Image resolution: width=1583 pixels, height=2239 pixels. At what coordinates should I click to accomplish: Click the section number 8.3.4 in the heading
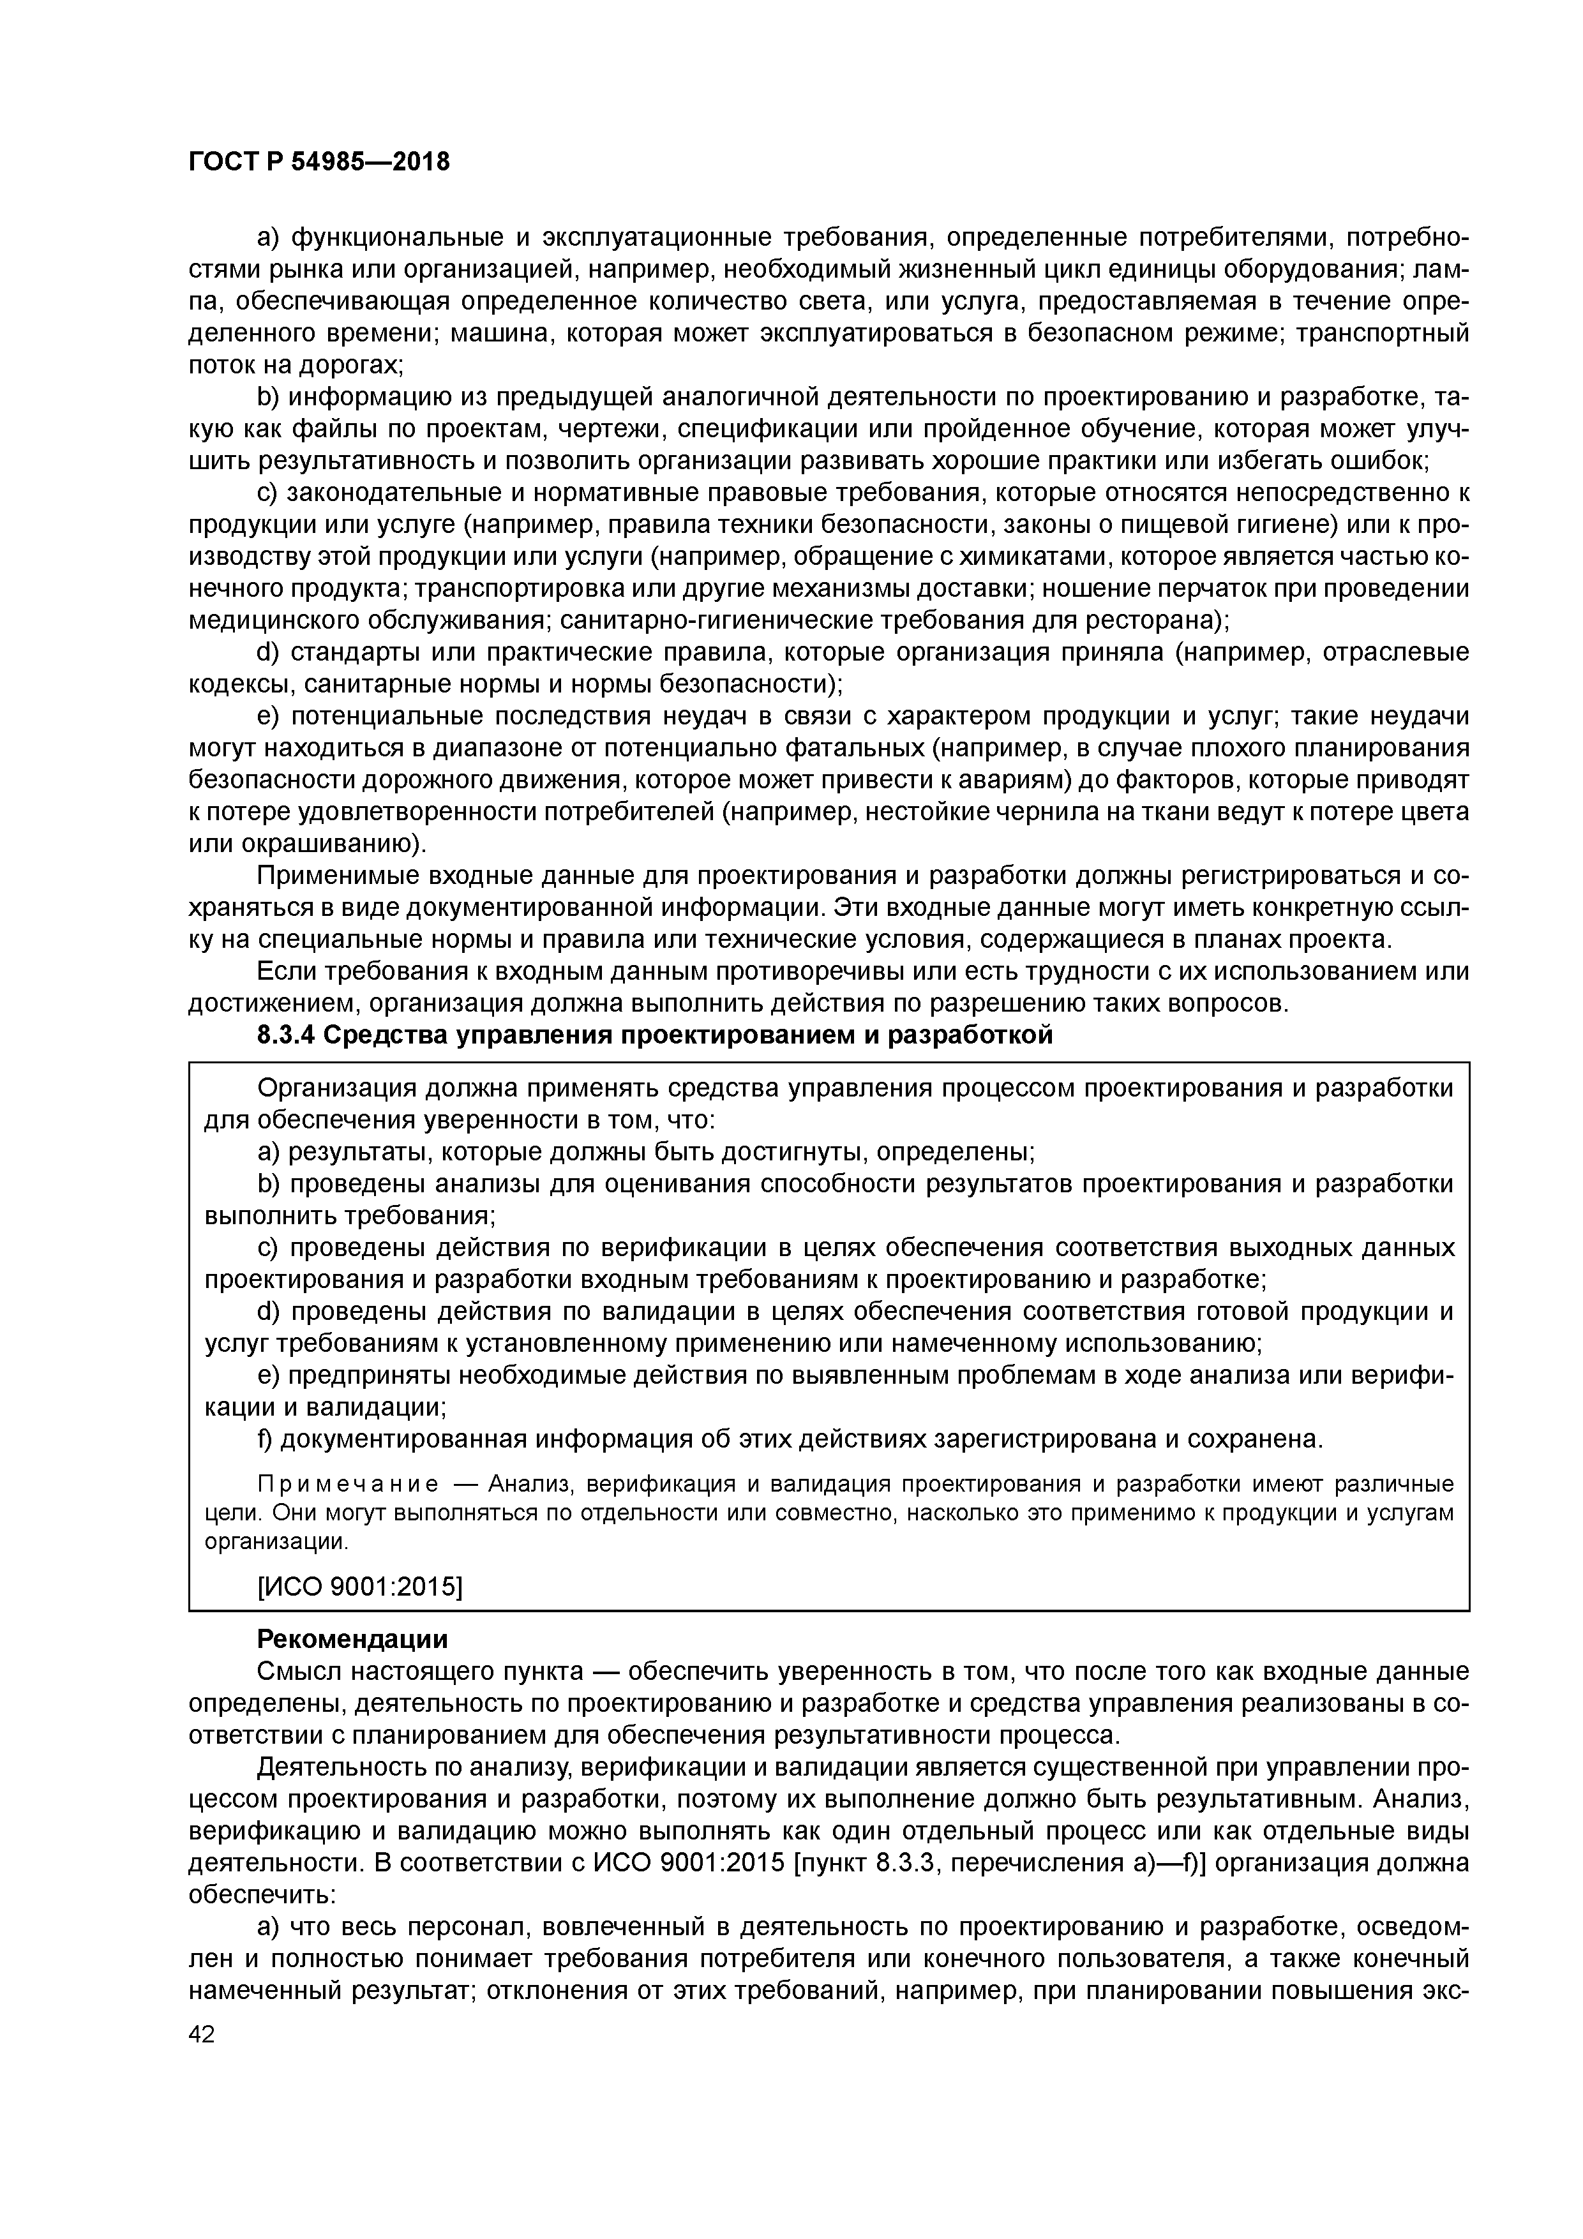286,1035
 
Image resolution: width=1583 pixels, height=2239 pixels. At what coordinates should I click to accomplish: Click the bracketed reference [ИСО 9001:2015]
359,1587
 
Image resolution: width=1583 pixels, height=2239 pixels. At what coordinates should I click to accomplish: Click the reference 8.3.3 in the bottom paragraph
906,1862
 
